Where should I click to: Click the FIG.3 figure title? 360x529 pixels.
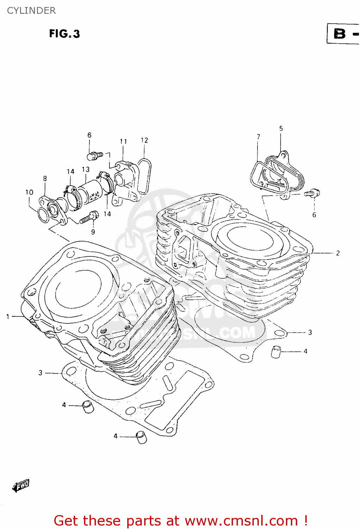point(65,34)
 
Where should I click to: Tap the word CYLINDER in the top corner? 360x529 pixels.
point(31,11)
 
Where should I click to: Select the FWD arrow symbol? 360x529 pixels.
point(21,486)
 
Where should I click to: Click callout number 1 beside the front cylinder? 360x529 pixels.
point(8,317)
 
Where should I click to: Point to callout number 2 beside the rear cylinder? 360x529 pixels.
point(338,253)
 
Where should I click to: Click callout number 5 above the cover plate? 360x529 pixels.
point(281,128)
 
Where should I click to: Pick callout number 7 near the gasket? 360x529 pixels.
point(258,136)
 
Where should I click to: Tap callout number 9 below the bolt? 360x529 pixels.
point(93,232)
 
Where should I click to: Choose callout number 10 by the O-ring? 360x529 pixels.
point(29,192)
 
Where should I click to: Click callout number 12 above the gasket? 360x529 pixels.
point(144,140)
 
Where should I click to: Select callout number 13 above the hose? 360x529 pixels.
point(86,169)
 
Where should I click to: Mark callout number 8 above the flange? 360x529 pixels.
point(45,178)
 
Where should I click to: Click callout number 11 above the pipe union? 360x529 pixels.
point(123,141)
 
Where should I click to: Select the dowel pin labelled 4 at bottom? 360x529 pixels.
point(141,437)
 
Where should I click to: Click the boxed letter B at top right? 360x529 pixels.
point(340,34)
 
